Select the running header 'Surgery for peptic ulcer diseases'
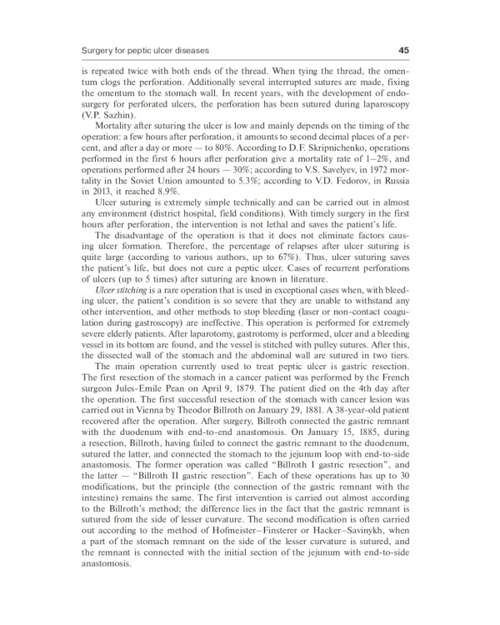pyautogui.click(x=144, y=51)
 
